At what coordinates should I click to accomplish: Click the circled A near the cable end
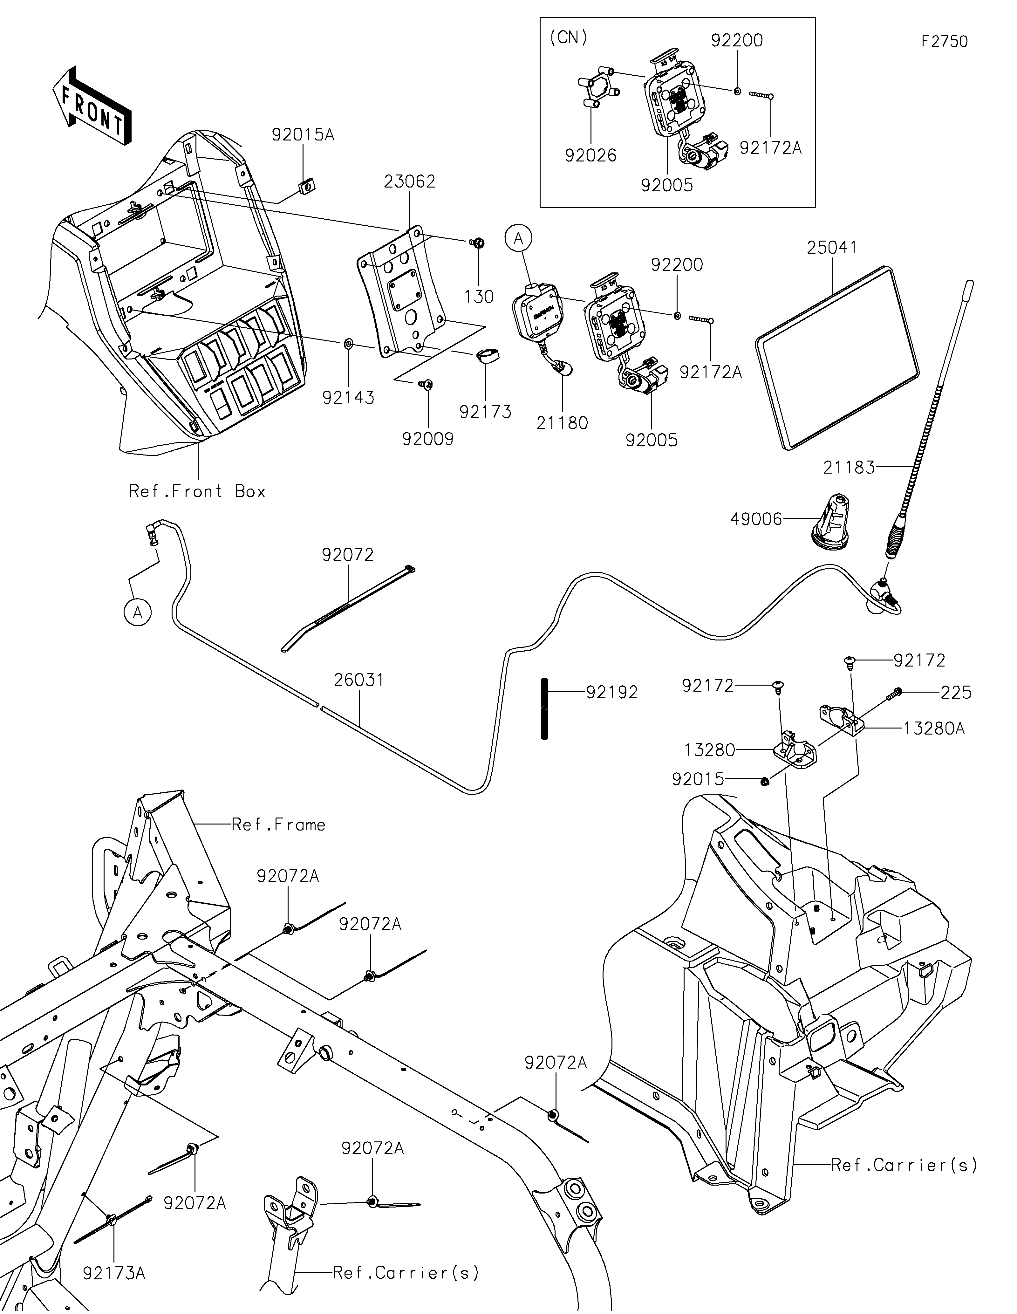tap(138, 613)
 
